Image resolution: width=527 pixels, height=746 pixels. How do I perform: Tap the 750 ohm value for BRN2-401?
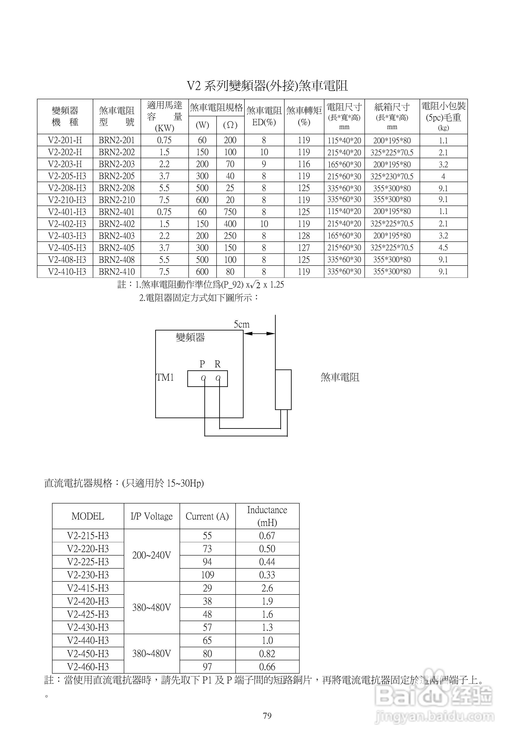point(230,212)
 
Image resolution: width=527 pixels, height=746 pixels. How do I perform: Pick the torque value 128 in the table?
point(304,236)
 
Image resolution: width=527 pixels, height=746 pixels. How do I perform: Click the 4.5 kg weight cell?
point(443,248)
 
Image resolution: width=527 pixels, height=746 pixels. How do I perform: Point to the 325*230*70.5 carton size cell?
point(392,176)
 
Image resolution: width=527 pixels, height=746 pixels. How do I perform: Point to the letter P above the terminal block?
point(202,364)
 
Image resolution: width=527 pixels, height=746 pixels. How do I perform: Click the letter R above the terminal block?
point(218,364)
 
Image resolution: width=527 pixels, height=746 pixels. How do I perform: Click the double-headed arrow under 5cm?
point(259,333)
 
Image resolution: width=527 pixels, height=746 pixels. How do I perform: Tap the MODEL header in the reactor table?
point(88,516)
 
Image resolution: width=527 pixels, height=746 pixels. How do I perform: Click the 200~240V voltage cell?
point(151,555)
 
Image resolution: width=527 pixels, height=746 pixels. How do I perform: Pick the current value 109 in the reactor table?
point(207,575)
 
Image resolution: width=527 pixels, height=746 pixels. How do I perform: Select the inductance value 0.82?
point(267,653)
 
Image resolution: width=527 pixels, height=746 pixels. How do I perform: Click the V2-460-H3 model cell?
point(88,667)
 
